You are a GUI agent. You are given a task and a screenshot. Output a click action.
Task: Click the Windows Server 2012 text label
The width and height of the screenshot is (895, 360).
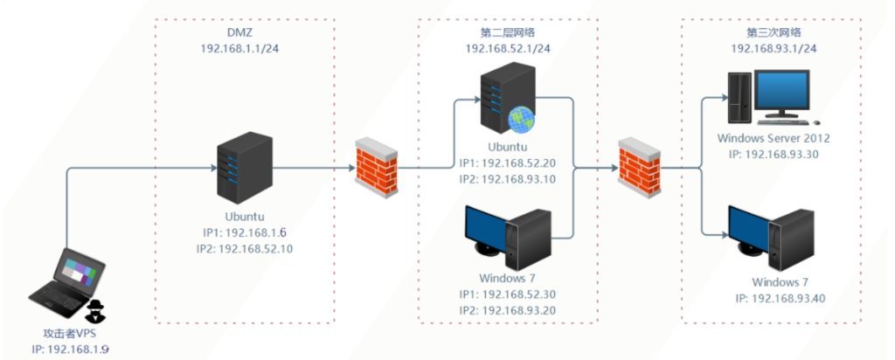pyautogui.click(x=773, y=138)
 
